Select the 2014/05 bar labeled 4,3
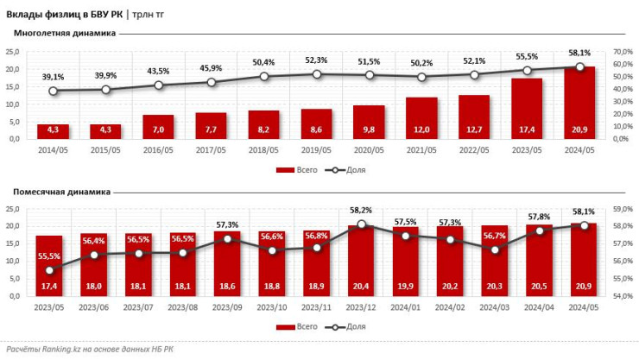53,130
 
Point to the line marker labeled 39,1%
53,91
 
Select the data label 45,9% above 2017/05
211,68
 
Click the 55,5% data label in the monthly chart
48,256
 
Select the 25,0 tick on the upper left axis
13,52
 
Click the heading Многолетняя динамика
59,34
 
